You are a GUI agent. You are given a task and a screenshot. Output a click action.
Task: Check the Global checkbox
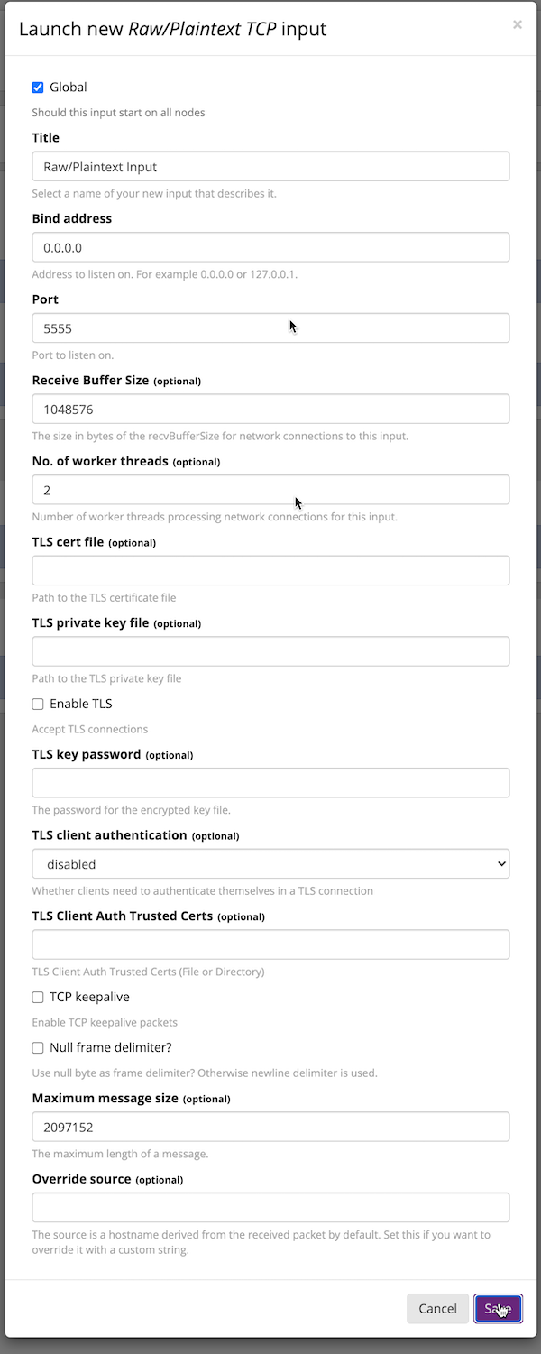pyautogui.click(x=38, y=88)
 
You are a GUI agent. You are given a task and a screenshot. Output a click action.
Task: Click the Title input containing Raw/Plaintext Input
pyautogui.click(x=270, y=166)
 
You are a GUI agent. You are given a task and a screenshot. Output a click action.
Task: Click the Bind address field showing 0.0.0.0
pyautogui.click(x=270, y=247)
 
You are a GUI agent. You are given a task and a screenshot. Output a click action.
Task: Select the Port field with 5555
pyautogui.click(x=270, y=328)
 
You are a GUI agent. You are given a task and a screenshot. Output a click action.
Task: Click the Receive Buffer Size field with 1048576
pyautogui.click(x=270, y=409)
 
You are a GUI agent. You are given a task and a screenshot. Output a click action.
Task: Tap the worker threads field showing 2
pyautogui.click(x=270, y=490)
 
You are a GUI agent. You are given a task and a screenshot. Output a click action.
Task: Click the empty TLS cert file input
pyautogui.click(x=270, y=571)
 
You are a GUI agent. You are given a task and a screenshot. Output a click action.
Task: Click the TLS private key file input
pyautogui.click(x=270, y=651)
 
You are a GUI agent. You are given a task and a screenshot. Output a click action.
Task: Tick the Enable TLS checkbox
pyautogui.click(x=38, y=704)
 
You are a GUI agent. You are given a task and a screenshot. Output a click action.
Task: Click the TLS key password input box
pyautogui.click(x=270, y=783)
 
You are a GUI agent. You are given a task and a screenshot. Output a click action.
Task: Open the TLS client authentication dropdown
pyautogui.click(x=270, y=864)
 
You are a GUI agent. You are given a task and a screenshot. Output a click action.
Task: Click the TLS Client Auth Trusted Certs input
pyautogui.click(x=270, y=944)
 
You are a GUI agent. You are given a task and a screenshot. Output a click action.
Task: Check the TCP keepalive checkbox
pyautogui.click(x=38, y=997)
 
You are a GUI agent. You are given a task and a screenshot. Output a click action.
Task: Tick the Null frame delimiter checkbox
pyautogui.click(x=38, y=1047)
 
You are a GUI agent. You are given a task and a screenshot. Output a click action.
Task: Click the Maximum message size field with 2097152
pyautogui.click(x=270, y=1127)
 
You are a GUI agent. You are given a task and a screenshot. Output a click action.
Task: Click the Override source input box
pyautogui.click(x=270, y=1208)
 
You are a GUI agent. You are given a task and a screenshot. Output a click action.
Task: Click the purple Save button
pyautogui.click(x=498, y=1309)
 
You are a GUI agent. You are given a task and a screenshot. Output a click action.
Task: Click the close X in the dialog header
pyautogui.click(x=517, y=24)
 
